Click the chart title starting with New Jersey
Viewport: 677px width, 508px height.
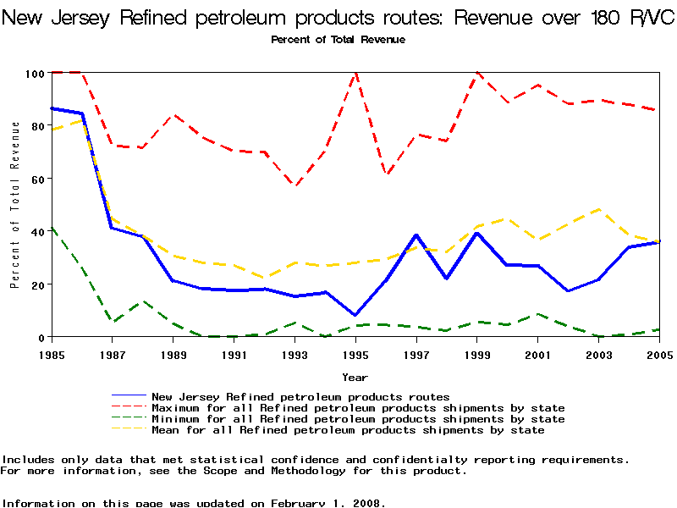[338, 19]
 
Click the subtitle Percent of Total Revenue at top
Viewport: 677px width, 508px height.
[338, 40]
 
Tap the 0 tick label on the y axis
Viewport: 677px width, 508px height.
[40, 337]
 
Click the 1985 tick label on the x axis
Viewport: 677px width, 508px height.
[52, 355]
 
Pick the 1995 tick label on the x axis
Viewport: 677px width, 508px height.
[355, 355]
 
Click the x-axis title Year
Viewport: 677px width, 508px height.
[355, 377]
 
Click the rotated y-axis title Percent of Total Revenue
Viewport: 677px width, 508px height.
[14, 205]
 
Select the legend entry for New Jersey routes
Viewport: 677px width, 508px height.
[300, 396]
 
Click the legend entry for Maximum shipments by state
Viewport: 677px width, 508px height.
[358, 407]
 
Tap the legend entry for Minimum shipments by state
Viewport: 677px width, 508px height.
[358, 419]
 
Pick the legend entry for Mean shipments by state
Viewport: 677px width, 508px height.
[348, 430]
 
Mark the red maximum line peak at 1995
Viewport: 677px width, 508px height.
[355, 74]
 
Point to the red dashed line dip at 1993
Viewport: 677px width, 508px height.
[294, 185]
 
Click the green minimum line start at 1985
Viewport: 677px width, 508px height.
[52, 228]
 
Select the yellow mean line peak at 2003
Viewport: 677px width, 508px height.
[598, 209]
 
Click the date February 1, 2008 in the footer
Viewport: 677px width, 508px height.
[327, 503]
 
